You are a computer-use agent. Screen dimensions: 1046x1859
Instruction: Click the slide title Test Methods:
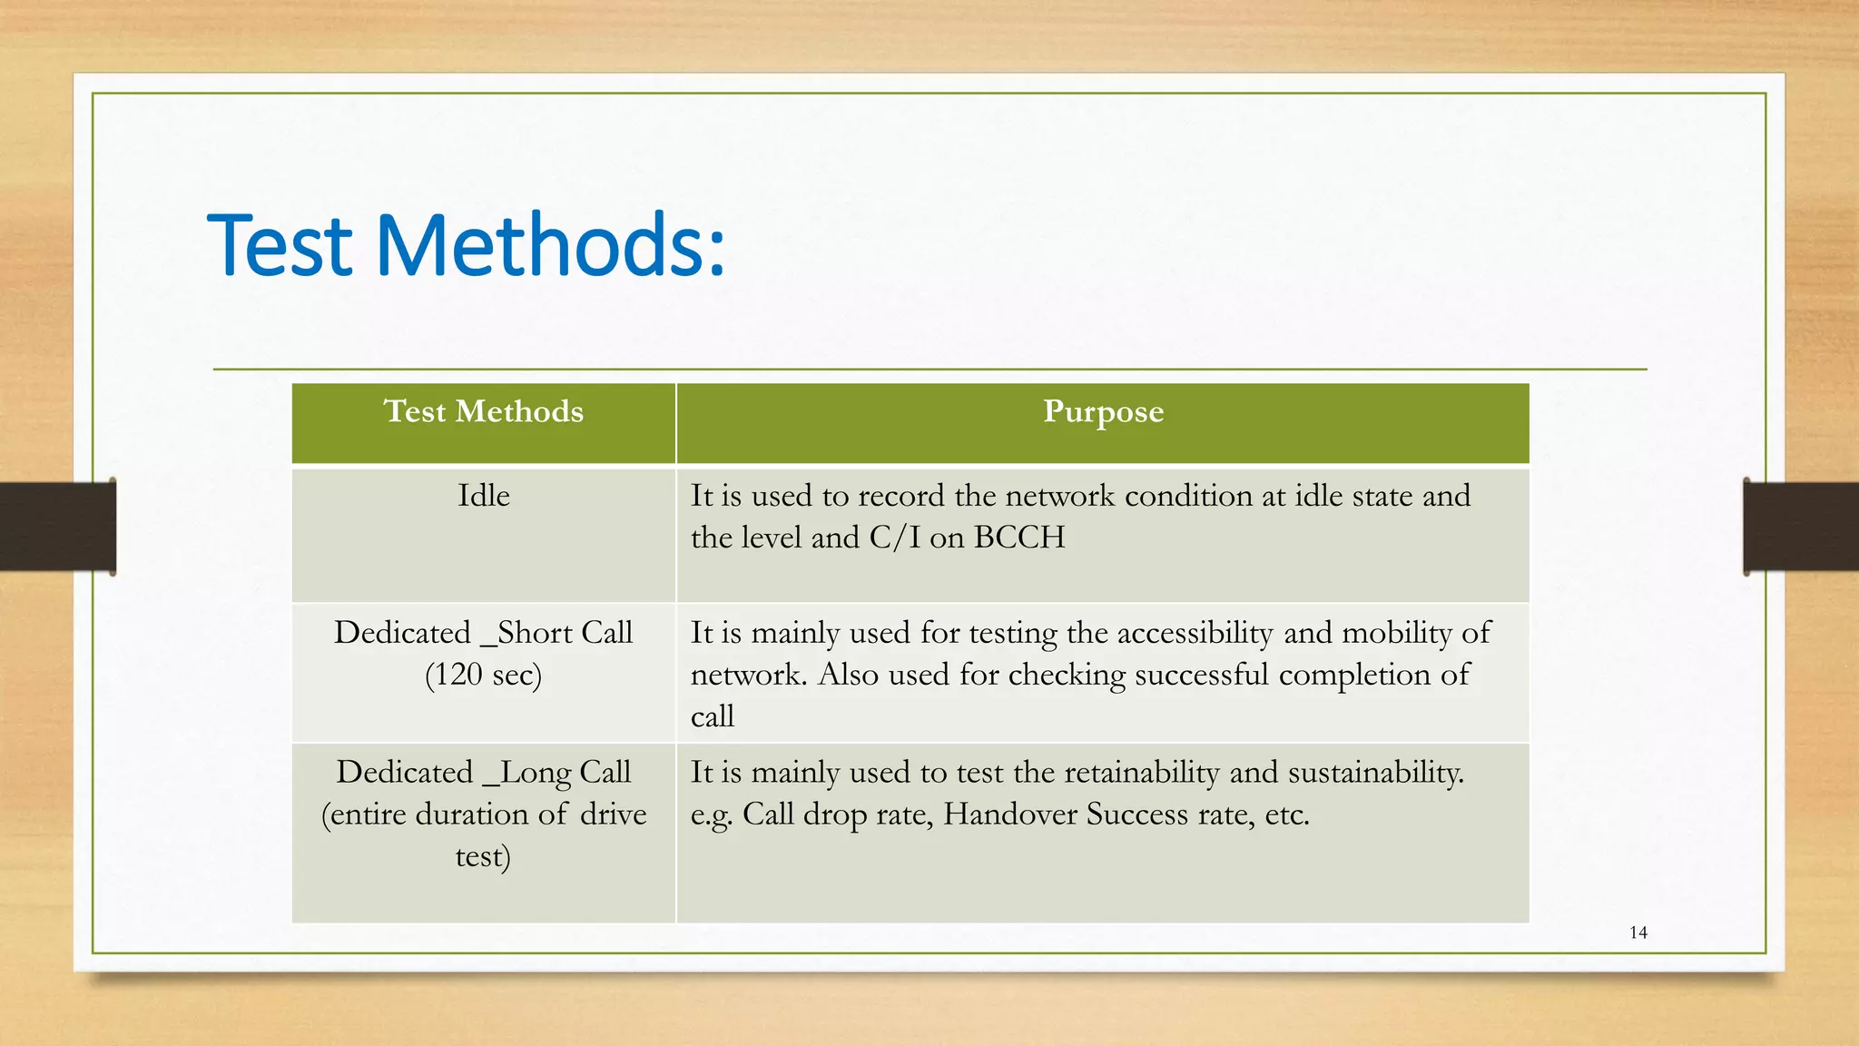pos(467,245)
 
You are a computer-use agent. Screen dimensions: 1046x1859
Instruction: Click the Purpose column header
pos(1103,412)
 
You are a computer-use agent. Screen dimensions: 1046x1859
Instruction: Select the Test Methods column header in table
pos(484,412)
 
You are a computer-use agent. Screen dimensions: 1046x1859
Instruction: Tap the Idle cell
pos(483,496)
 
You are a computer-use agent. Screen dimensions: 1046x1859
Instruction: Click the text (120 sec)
pos(483,675)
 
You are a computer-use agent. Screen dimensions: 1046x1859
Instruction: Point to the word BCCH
pos(1018,538)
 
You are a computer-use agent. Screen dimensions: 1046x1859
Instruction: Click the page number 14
pos(1638,933)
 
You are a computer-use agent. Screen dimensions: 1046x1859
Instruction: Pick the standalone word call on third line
pos(712,717)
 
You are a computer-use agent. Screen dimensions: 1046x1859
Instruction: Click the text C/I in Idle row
pos(894,538)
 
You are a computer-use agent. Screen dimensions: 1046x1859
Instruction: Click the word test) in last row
pos(483,856)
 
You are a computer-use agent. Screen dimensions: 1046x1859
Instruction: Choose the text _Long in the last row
pos(527,773)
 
